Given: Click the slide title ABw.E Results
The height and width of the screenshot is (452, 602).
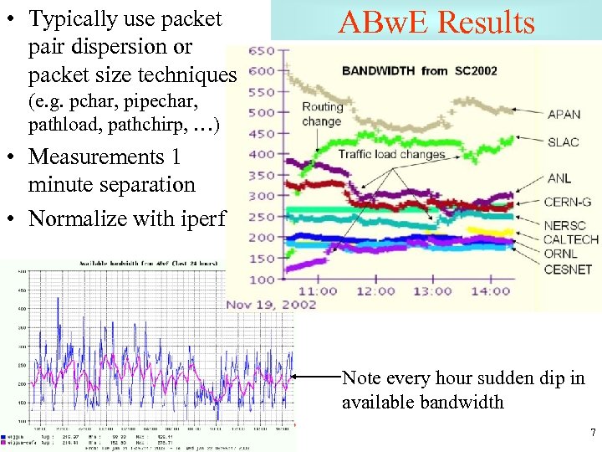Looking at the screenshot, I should (x=436, y=23).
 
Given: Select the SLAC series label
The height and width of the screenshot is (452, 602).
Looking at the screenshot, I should (x=563, y=141).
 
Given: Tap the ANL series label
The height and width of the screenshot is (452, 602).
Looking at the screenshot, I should (x=559, y=178).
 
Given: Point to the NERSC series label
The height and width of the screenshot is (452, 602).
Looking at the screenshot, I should (x=565, y=226).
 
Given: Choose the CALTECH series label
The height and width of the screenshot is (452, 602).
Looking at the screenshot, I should (x=572, y=240).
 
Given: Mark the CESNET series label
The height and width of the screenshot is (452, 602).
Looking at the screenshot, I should (x=568, y=270).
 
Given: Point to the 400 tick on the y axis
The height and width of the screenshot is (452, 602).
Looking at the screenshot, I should (x=261, y=154).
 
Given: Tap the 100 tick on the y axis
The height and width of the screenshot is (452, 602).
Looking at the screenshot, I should (x=261, y=279).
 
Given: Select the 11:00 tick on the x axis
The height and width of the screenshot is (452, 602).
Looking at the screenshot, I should (x=318, y=290).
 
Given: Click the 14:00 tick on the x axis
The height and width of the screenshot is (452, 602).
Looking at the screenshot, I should (x=489, y=290).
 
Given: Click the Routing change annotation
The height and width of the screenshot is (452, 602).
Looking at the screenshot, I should (x=322, y=114).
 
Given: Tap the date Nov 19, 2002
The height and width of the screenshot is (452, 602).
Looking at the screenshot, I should (x=271, y=304).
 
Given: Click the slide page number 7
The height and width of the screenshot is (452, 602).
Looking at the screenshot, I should (x=593, y=433).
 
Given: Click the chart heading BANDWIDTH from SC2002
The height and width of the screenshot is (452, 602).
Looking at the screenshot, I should (x=419, y=70).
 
